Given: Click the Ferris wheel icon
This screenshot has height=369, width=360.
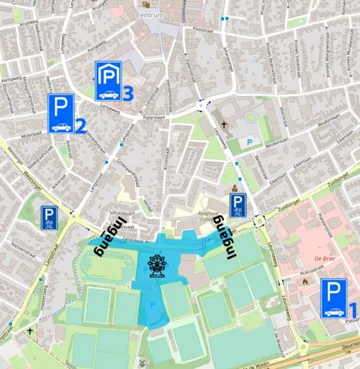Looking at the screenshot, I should coord(156,265).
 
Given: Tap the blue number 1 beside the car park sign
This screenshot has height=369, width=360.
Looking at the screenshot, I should coord(352,310).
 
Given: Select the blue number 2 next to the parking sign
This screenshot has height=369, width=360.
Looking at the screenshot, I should coord(81,126).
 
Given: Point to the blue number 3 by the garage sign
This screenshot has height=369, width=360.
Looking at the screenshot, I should coord(128,93).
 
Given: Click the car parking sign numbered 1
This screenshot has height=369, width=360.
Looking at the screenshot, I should coord(333,298).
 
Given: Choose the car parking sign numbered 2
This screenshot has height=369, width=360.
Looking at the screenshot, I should coord(61,113).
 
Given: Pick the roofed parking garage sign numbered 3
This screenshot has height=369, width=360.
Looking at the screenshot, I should coord(109,81).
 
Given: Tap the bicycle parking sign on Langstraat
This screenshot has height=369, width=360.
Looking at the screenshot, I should coord(49,217).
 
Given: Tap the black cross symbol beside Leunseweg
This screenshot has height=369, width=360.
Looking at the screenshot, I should coord(224,125).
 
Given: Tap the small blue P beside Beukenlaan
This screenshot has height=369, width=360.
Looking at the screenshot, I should coord(251,142).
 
